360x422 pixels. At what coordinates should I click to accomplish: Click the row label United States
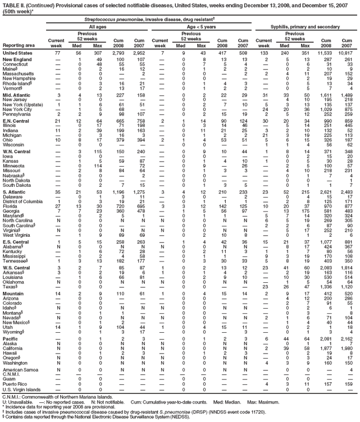(17, 52)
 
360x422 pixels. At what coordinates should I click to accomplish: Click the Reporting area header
(18, 45)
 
